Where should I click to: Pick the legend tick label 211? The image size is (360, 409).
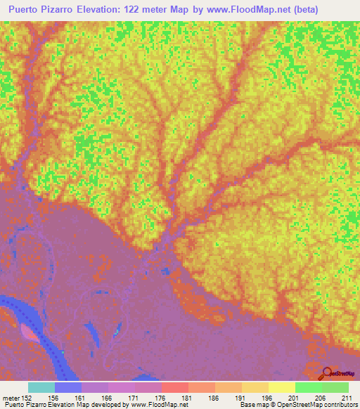[345, 398]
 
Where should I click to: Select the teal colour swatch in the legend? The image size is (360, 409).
[41, 387]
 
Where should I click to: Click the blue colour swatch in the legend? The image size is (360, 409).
[68, 387]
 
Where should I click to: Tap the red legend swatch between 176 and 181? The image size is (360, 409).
[175, 387]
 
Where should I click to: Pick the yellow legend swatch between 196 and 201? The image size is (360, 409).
[281, 387]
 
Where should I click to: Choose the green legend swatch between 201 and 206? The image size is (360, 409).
[308, 387]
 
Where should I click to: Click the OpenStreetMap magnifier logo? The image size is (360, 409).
[326, 372]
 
